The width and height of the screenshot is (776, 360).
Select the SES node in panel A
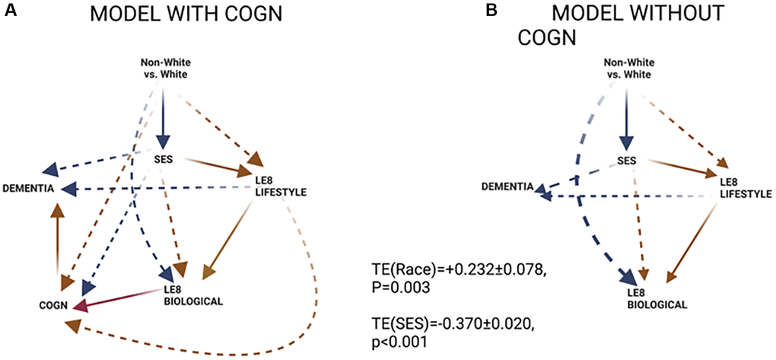[x=162, y=158]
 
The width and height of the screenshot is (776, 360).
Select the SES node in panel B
[x=625, y=161]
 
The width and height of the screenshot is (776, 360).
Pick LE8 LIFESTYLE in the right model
[x=742, y=190]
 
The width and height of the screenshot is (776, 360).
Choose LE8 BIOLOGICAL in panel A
[x=193, y=295]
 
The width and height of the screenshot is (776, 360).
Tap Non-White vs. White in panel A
[x=164, y=68]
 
